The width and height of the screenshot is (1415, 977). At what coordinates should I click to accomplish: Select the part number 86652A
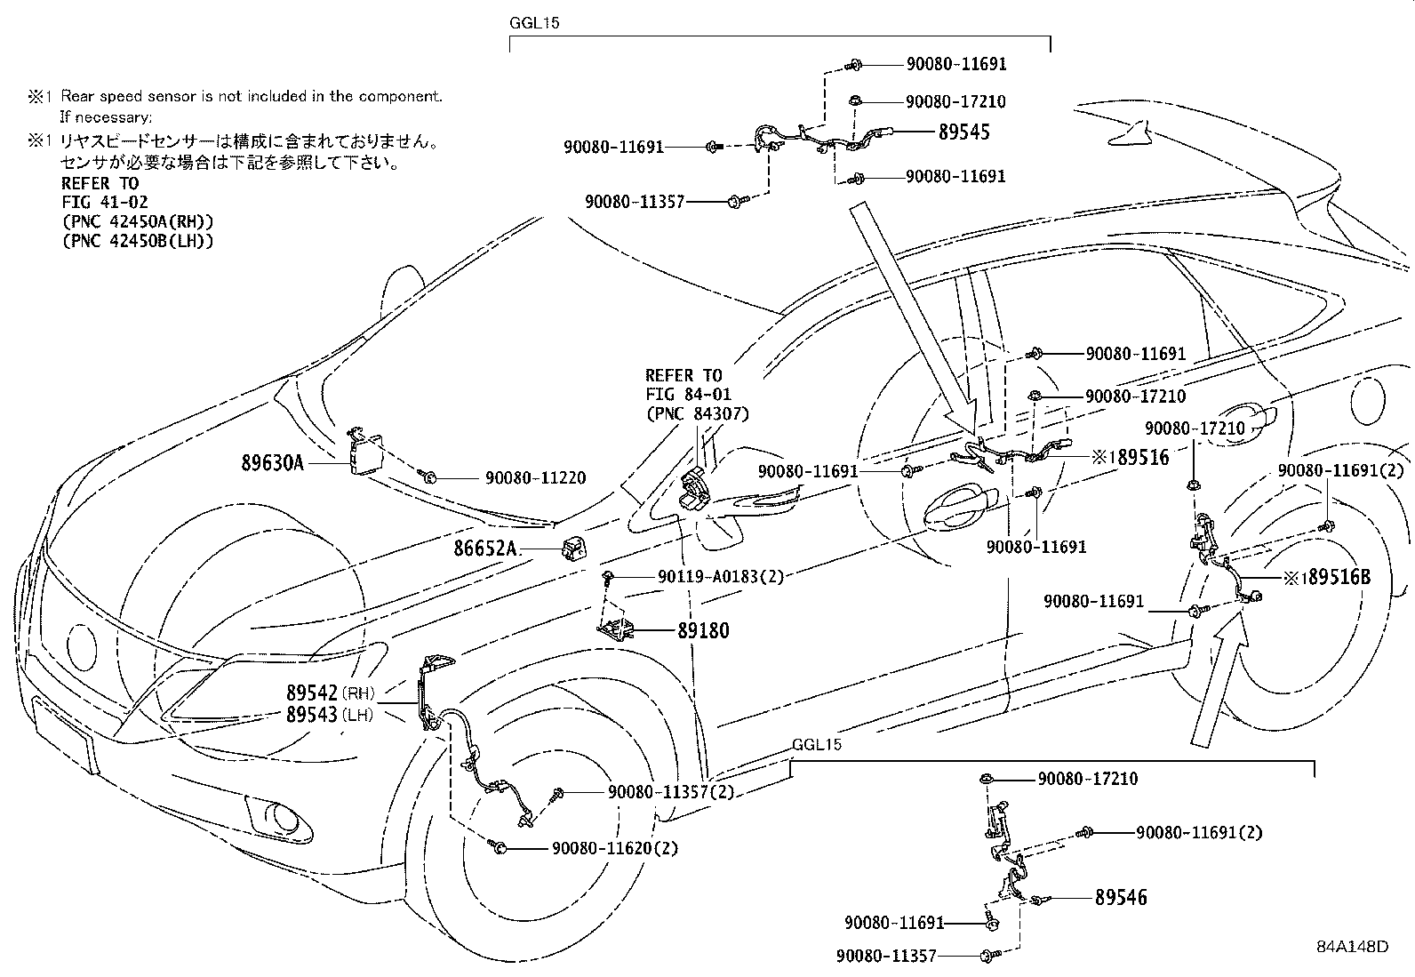pyautogui.click(x=485, y=549)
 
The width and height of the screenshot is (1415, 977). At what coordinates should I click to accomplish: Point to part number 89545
pyautogui.click(x=963, y=132)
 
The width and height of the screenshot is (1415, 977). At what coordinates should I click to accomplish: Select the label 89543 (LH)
pyautogui.click(x=330, y=714)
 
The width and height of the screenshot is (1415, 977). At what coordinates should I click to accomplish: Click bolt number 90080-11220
pyautogui.click(x=535, y=478)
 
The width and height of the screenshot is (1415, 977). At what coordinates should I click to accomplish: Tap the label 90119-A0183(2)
pyautogui.click(x=721, y=577)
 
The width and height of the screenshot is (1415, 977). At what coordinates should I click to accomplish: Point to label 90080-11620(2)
pyautogui.click(x=614, y=849)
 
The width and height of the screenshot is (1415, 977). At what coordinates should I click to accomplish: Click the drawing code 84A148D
pyautogui.click(x=1352, y=946)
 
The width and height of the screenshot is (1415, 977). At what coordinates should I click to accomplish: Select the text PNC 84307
pyautogui.click(x=697, y=413)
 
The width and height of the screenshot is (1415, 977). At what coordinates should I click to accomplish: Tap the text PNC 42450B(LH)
pyautogui.click(x=138, y=240)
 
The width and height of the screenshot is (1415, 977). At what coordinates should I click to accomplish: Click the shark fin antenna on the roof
pyautogui.click(x=1129, y=133)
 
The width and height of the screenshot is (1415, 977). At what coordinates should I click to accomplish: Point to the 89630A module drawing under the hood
pyautogui.click(x=364, y=452)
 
